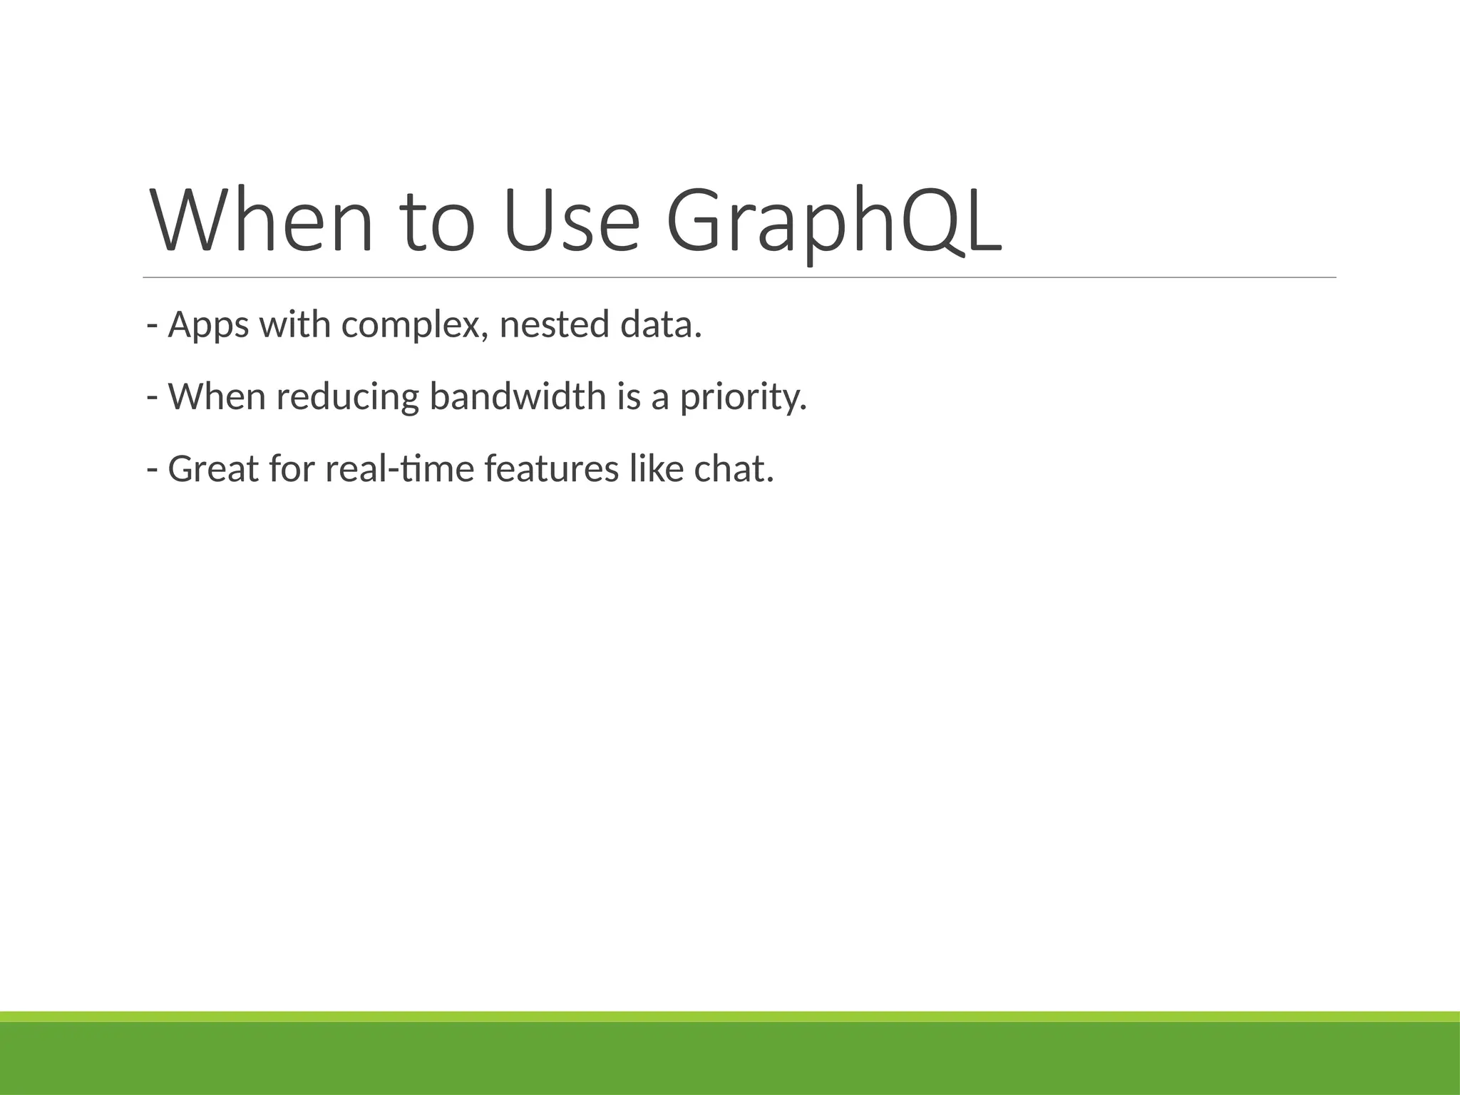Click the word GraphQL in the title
pyautogui.click(x=834, y=221)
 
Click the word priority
pyautogui.click(x=741, y=397)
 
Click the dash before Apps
pyautogui.click(x=151, y=326)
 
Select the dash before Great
pyautogui.click(x=151, y=470)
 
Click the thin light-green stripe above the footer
pyautogui.click(x=730, y=1017)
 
